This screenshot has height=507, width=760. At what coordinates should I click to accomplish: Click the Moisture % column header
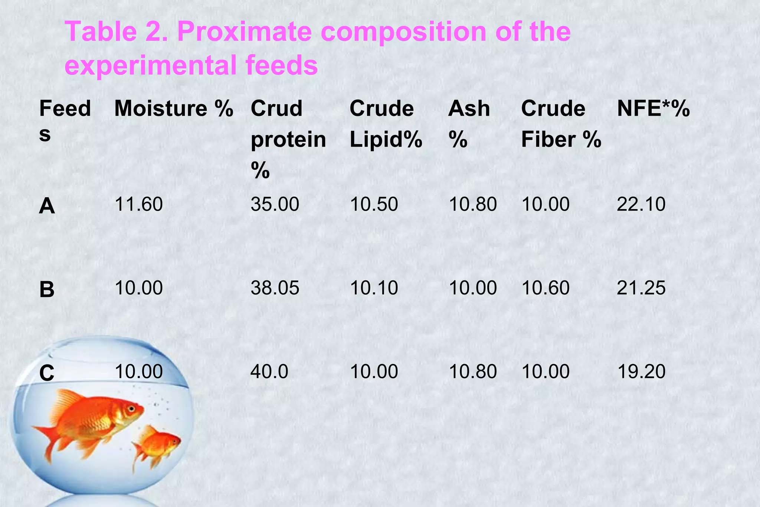coord(173,109)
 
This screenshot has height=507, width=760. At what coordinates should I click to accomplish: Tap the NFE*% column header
coord(653,109)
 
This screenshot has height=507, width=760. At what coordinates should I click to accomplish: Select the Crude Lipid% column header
coord(386,124)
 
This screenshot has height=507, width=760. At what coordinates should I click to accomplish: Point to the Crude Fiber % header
coord(561,124)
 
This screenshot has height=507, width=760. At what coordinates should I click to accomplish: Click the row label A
coord(47,206)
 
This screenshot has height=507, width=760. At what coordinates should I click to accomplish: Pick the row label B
coord(47,289)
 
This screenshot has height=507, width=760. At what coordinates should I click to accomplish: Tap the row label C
coord(47,373)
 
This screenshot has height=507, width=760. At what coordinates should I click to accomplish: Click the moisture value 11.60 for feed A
coord(138,204)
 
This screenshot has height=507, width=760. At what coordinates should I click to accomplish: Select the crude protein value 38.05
coord(275,288)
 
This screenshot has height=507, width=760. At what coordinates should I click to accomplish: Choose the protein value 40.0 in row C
coord(269,371)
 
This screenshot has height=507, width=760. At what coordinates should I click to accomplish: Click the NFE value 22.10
coord(641,204)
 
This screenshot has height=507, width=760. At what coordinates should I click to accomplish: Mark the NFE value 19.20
coord(641,371)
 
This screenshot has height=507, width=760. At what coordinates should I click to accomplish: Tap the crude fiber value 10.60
coord(546,288)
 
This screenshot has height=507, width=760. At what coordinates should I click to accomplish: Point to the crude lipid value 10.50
coord(374,204)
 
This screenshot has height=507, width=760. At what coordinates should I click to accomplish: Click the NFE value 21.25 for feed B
coord(641,288)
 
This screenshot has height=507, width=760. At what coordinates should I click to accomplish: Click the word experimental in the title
coord(151,65)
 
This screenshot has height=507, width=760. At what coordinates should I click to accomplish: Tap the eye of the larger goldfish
coord(131,409)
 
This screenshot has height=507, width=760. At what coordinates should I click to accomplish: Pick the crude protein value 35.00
coord(275,204)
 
